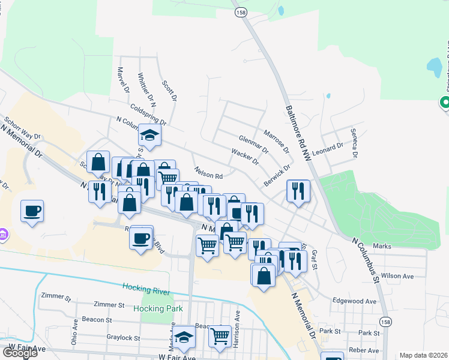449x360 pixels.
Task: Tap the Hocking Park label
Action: [157, 308]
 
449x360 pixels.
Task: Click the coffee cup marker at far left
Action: [32, 211]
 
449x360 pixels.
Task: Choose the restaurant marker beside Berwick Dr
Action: [298, 191]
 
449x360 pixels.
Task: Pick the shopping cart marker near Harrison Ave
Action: [220, 336]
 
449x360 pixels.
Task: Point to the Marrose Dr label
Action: [276, 141]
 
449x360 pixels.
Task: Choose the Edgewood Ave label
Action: [355, 301]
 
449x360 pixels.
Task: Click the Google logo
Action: [19, 352]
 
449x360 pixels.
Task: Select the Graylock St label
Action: [122, 338]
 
